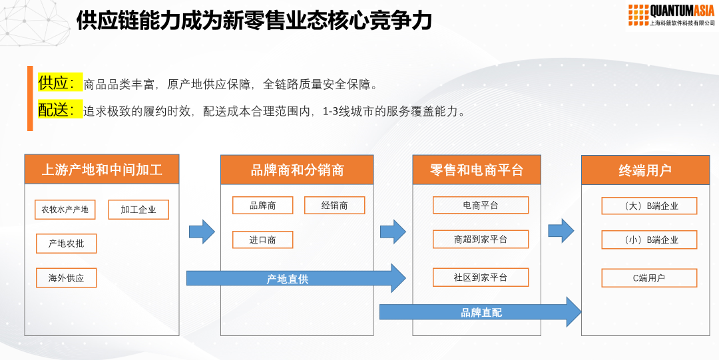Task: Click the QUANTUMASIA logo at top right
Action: [x=671, y=15]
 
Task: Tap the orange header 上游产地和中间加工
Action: [x=102, y=170]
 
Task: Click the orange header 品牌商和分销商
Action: [x=297, y=170]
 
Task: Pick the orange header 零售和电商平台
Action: [x=476, y=170]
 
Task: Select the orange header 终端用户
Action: [x=645, y=170]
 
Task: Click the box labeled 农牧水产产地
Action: [x=65, y=210]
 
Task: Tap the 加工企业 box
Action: [x=138, y=210]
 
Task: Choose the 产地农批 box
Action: [x=66, y=244]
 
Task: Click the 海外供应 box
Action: [x=66, y=278]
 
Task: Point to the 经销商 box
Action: [x=334, y=206]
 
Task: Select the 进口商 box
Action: [x=262, y=240]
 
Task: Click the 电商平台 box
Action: [x=480, y=206]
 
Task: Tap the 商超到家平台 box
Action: [x=480, y=240]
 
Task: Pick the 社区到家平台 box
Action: [x=480, y=277]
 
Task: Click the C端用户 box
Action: [x=649, y=278]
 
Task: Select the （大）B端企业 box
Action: [x=649, y=206]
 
